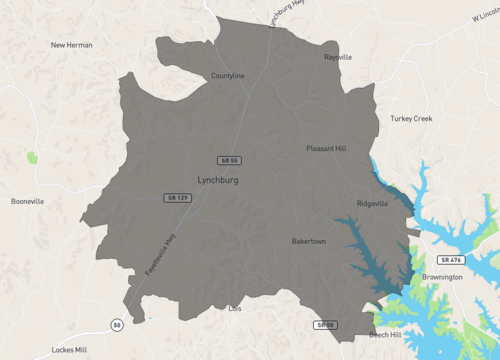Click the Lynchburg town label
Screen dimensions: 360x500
pyautogui.click(x=217, y=180)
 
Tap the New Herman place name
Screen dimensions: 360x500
pyautogui.click(x=72, y=45)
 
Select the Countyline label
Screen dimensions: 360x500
pyautogui.click(x=228, y=76)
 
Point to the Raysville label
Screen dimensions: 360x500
pyautogui.click(x=338, y=57)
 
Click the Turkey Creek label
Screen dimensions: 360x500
pyautogui.click(x=411, y=119)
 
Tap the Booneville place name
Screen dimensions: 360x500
pyautogui.click(x=27, y=201)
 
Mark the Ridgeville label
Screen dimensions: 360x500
pyautogui.click(x=372, y=203)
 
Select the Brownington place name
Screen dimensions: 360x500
pyautogui.click(x=442, y=276)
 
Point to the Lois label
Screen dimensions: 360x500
pyautogui.click(x=236, y=309)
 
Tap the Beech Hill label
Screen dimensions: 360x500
pyautogui.click(x=385, y=335)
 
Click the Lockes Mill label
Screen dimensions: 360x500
pyautogui.click(x=70, y=351)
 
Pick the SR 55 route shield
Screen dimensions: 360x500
pyautogui.click(x=230, y=160)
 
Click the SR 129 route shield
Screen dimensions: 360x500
pyautogui.click(x=177, y=198)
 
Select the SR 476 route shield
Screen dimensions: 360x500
pyautogui.click(x=450, y=260)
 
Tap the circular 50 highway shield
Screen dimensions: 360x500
pyautogui.click(x=117, y=325)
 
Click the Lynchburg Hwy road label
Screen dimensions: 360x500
pyautogui.click(x=287, y=14)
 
